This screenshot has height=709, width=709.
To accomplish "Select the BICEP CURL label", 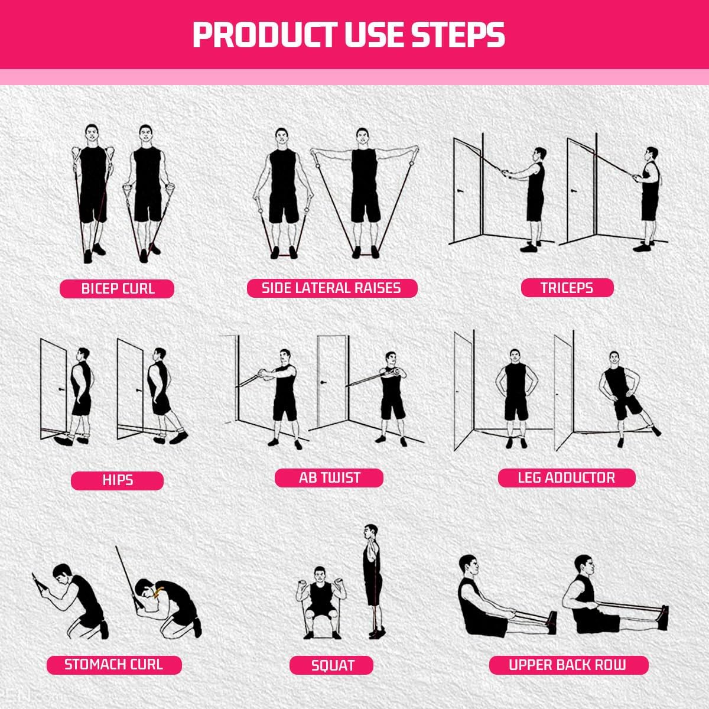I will (x=118, y=288).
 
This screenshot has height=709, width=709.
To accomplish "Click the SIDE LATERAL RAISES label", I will (x=331, y=288).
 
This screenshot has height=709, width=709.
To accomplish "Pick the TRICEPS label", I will (x=567, y=288).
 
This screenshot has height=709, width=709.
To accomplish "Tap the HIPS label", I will (x=117, y=480).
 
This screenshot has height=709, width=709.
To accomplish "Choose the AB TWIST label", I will (x=329, y=477).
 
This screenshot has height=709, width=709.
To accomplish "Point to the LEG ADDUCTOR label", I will (x=566, y=477).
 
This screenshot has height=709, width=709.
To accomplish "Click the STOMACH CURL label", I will (x=114, y=664).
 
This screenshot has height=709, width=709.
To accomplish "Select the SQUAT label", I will (x=332, y=665).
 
